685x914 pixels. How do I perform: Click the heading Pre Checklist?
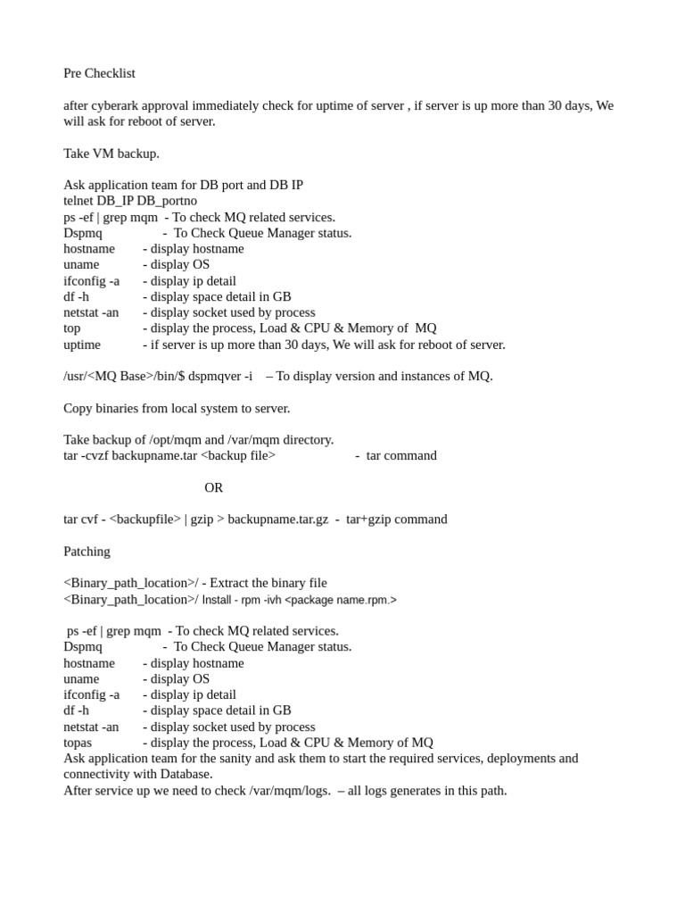click(x=99, y=73)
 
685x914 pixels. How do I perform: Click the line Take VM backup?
click(x=111, y=154)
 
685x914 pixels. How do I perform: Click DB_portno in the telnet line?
click(x=167, y=201)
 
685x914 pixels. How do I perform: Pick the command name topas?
click(x=78, y=743)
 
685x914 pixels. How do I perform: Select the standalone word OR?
click(x=214, y=487)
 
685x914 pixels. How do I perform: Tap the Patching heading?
click(x=87, y=552)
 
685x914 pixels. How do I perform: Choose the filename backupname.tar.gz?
click(x=278, y=519)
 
